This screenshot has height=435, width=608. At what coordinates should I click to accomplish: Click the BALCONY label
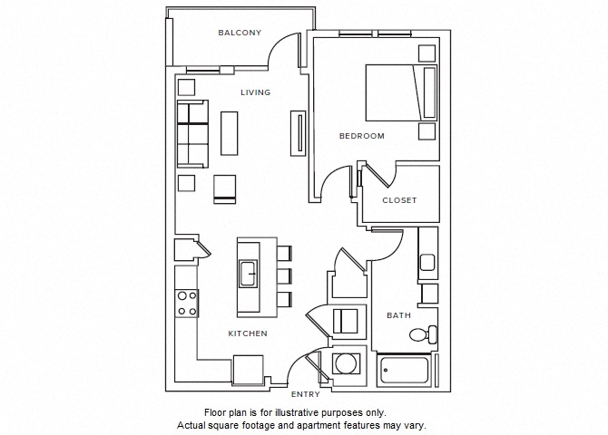240,34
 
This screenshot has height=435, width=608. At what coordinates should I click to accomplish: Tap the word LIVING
255,92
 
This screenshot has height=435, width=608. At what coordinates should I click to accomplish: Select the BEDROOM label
361,136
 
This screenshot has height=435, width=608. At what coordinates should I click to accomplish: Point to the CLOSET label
399,200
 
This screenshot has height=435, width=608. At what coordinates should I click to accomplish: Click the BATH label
398,315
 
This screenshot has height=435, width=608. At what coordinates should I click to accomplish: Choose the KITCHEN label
247,333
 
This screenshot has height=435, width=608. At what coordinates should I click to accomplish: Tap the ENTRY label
304,394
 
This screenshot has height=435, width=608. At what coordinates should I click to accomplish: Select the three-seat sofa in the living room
191,133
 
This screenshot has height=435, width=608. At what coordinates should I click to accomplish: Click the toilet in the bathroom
422,333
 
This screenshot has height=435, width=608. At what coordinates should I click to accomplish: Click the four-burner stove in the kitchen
187,303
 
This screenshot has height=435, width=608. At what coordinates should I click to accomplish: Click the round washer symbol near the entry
345,364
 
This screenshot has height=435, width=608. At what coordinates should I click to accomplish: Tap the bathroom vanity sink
428,262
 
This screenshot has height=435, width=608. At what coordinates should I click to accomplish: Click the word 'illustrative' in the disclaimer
283,412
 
